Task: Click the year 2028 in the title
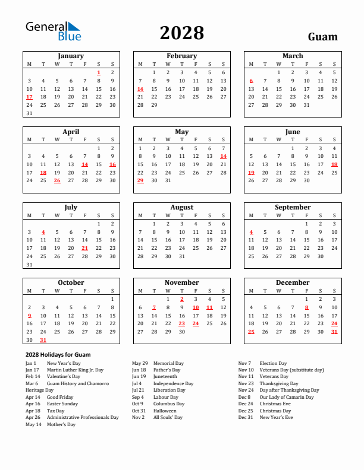[181, 33]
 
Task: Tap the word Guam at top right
[322, 37]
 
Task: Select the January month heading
[71, 56]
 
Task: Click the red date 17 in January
[29, 97]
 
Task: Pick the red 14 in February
[140, 89]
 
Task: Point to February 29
[154, 105]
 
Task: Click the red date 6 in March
[251, 81]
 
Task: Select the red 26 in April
[57, 180]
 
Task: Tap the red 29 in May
[140, 180]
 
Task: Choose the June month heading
[293, 132]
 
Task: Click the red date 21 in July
[84, 248]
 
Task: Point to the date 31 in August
[182, 256]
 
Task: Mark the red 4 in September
[251, 232]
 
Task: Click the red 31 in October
[43, 340]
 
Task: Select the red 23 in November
[182, 323]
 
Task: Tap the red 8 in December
[306, 307]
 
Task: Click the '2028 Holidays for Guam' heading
[58, 354]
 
